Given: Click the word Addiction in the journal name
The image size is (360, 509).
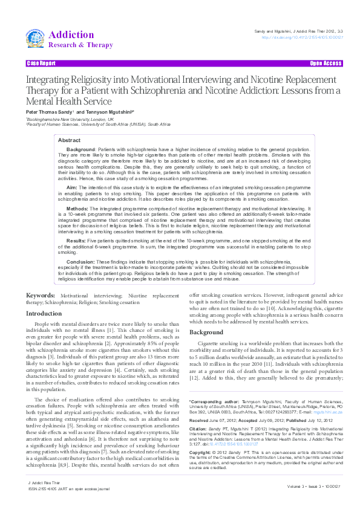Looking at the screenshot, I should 71,34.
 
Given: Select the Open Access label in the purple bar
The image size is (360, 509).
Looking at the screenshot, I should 326,63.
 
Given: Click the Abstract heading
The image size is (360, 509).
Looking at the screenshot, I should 69,140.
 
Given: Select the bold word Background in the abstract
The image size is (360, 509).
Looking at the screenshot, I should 80,149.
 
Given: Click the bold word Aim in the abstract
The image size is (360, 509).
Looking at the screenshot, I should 71,188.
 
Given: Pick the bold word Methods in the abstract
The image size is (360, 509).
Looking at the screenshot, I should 77,208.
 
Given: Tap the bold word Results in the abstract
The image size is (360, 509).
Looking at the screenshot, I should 76,241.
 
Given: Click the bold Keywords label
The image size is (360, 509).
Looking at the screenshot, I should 41,296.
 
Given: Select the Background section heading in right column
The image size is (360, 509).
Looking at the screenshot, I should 206,334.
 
